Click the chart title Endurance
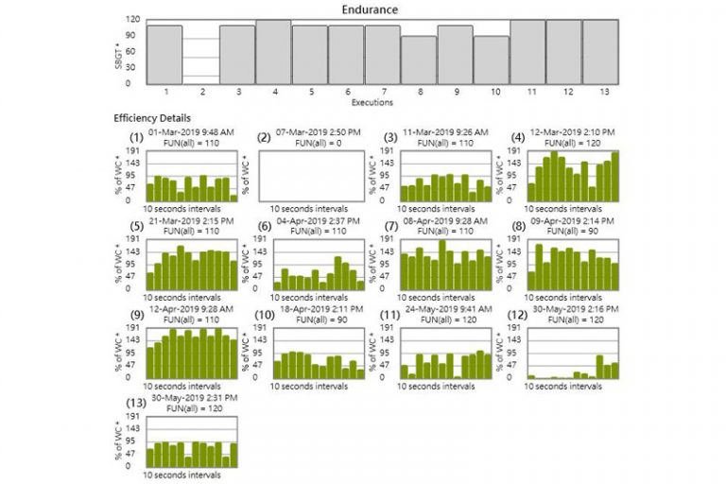[x=370, y=9]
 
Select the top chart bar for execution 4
[x=273, y=52]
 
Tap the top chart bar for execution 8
[x=419, y=60]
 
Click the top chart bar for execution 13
[x=600, y=52]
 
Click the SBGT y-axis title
[x=118, y=54]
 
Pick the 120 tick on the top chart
[x=137, y=20]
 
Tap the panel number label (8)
[x=517, y=226]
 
